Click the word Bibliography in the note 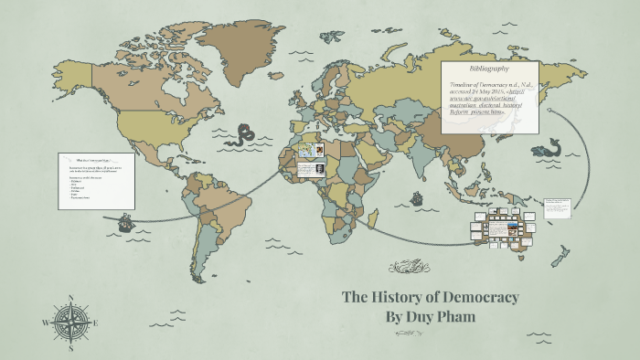[x=489, y=69]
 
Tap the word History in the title [x=402, y=297]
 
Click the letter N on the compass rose [x=71, y=297]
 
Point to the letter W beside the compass [x=46, y=322]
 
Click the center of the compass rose [x=71, y=322]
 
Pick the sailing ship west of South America [x=125, y=222]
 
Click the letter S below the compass [x=71, y=347]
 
